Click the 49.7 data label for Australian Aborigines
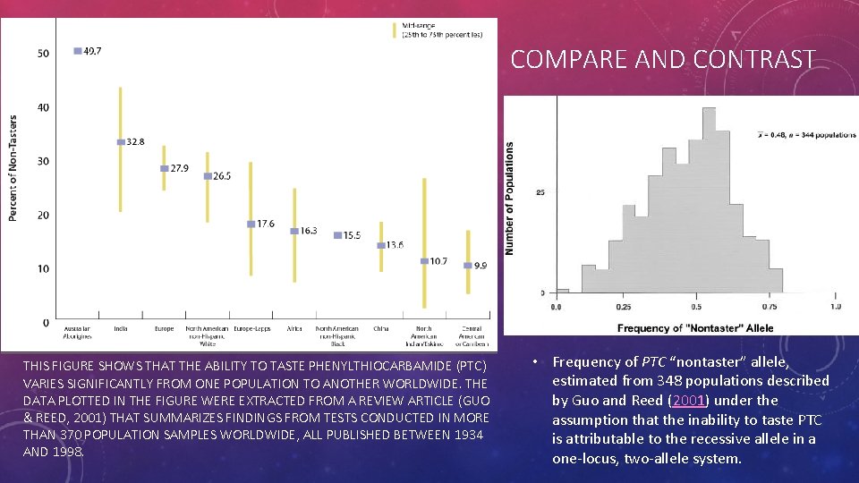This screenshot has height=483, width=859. [92, 51]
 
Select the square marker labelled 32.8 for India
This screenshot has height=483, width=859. [121, 142]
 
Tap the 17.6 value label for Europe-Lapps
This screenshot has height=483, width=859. [265, 224]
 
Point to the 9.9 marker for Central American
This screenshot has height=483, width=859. [467, 265]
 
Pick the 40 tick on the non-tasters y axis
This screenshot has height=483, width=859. [43, 107]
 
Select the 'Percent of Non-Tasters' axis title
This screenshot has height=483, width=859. [13, 167]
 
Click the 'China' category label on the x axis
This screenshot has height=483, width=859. [380, 329]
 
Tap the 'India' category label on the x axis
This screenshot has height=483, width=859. [121, 329]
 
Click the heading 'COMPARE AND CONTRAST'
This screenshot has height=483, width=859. [662, 60]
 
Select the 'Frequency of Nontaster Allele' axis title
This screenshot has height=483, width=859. [695, 328]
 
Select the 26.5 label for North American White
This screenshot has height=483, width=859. [221, 176]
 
